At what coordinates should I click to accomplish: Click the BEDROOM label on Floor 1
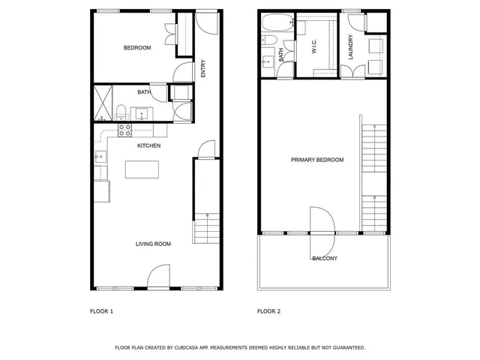pyautogui.click(x=137, y=48)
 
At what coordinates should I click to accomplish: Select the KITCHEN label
pyautogui.click(x=148, y=145)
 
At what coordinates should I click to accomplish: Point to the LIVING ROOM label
pyautogui.click(x=153, y=244)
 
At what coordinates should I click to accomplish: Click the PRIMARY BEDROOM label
pyautogui.click(x=317, y=160)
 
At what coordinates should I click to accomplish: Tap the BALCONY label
pyautogui.click(x=325, y=259)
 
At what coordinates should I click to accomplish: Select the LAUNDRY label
pyautogui.click(x=350, y=47)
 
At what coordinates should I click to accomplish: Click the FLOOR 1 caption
pyautogui.click(x=101, y=310)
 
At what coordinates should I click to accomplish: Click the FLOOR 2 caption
pyautogui.click(x=269, y=310)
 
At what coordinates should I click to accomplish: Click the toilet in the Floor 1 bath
pyautogui.click(x=121, y=113)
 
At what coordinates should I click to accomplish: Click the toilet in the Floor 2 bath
pyautogui.click(x=268, y=40)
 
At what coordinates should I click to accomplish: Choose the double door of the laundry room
pyautogui.click(x=350, y=71)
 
